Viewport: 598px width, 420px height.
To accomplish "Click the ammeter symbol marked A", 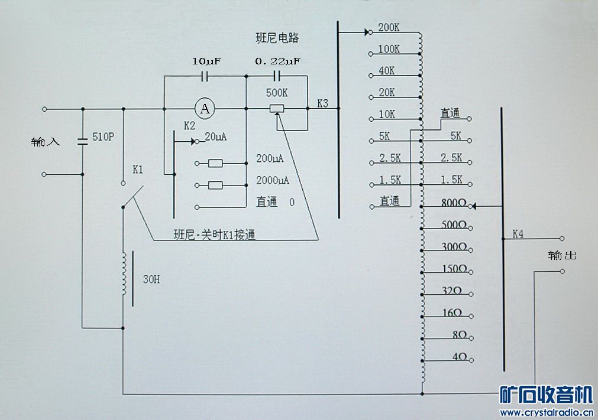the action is tap(205, 109).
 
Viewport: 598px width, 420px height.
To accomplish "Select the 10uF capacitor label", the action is tap(206, 61).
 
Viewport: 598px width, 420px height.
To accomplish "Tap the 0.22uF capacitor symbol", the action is tap(277, 76).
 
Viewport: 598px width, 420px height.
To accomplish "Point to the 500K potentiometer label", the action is tap(277, 93).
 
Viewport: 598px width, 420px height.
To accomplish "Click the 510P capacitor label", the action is tap(103, 136).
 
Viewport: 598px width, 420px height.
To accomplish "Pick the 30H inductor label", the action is tap(151, 279).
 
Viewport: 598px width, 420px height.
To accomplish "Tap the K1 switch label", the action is tap(138, 170).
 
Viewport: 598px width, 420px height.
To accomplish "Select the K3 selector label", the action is tap(322, 103).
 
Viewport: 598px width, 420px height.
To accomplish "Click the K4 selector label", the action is tap(518, 234).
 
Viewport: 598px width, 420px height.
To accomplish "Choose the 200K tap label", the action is tap(389, 27).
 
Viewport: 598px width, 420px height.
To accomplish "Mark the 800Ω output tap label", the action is tap(454, 203).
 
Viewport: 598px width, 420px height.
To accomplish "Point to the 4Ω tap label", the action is tap(460, 357).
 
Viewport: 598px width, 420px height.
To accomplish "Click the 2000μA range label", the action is tap(272, 180).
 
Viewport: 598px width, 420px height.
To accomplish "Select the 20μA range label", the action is tap(215, 136).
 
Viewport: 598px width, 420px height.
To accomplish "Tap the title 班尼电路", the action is tap(277, 38).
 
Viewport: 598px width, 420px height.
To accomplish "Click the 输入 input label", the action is tap(46, 142).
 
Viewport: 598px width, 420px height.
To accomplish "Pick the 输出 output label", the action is tap(562, 255).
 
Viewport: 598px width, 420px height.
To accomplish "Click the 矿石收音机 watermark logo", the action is tap(546, 395).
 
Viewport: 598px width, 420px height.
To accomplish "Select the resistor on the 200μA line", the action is tap(215, 164).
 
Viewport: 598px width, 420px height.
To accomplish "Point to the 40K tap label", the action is tap(386, 71).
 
